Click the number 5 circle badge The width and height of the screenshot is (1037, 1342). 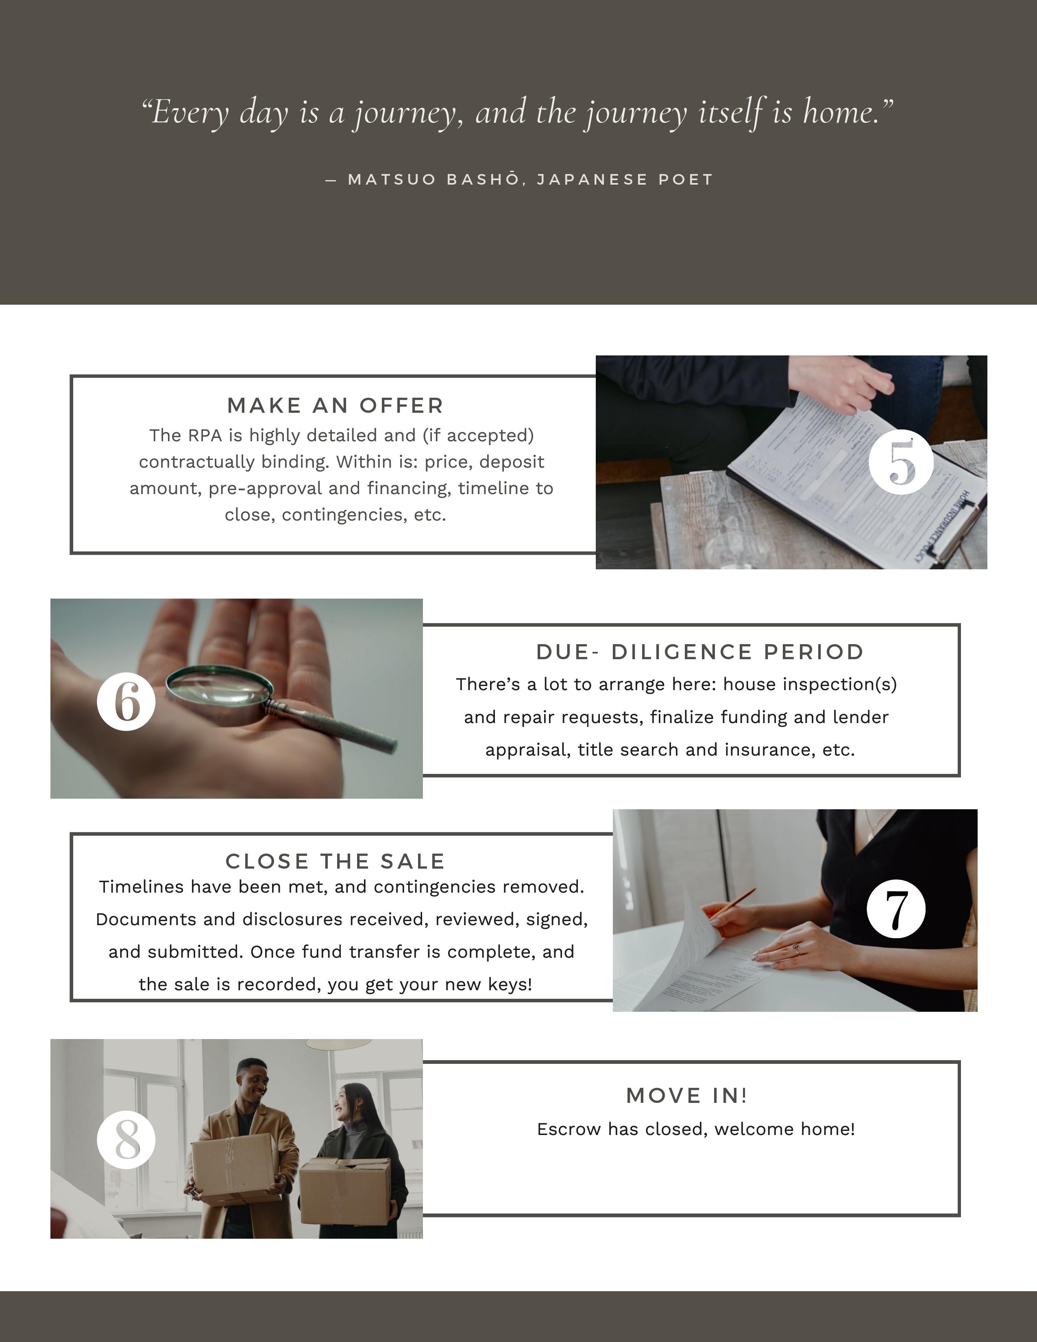pyautogui.click(x=901, y=462)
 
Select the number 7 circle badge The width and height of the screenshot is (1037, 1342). pyautogui.click(x=896, y=909)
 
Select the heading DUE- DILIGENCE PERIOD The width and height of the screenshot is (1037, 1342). pyautogui.click(x=700, y=652)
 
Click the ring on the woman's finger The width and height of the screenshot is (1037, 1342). pyautogui.click(x=795, y=947)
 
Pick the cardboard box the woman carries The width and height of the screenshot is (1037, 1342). pyautogui.click(x=344, y=1191)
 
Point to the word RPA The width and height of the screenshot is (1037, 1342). pyautogui.click(x=205, y=435)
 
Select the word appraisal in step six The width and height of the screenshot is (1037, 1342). pyautogui.click(x=527, y=750)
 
